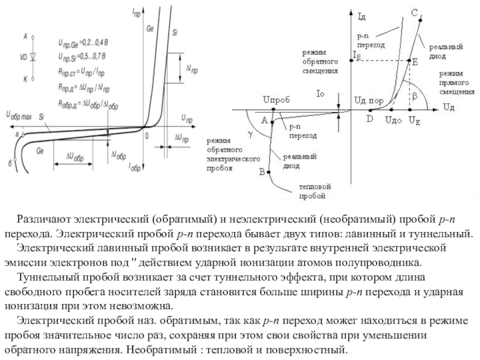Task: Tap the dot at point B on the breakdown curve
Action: [269, 171]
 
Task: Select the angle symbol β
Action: [414, 95]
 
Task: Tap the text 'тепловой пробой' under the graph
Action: [313, 191]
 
